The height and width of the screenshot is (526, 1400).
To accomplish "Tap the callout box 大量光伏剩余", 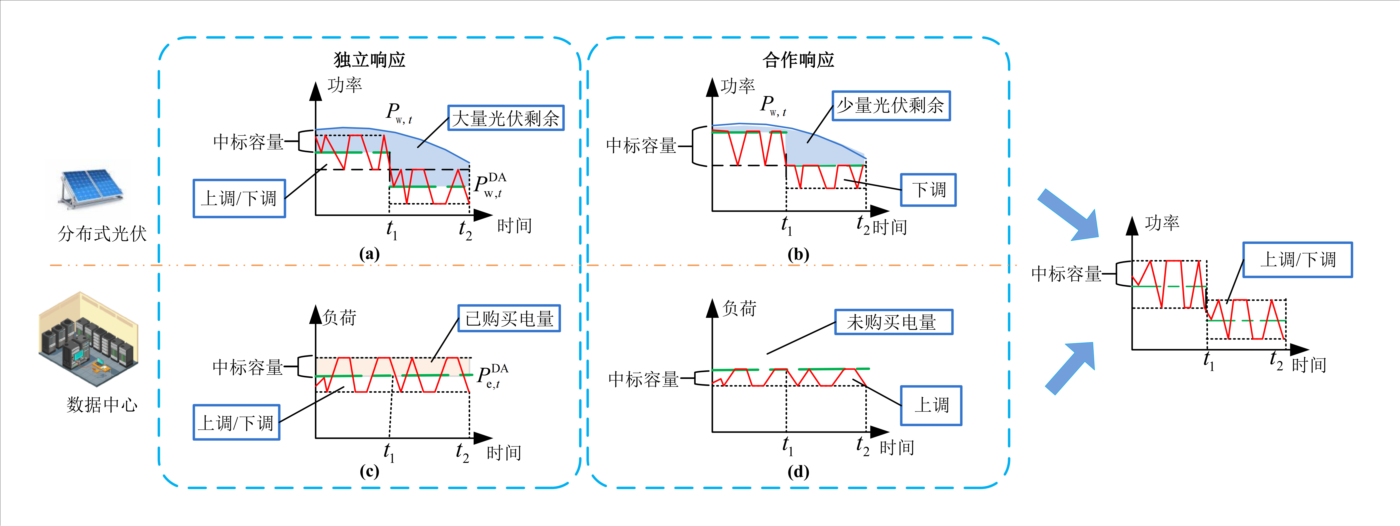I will tap(506, 118).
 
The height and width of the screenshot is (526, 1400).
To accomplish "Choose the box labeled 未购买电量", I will tap(893, 322).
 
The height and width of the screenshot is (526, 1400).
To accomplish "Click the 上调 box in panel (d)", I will tap(931, 405).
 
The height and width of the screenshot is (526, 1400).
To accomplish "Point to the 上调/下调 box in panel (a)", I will tap(239, 199).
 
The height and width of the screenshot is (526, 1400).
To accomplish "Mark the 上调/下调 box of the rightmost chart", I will tap(1297, 259).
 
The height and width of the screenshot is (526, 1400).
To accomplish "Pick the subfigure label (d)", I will tap(798, 471).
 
